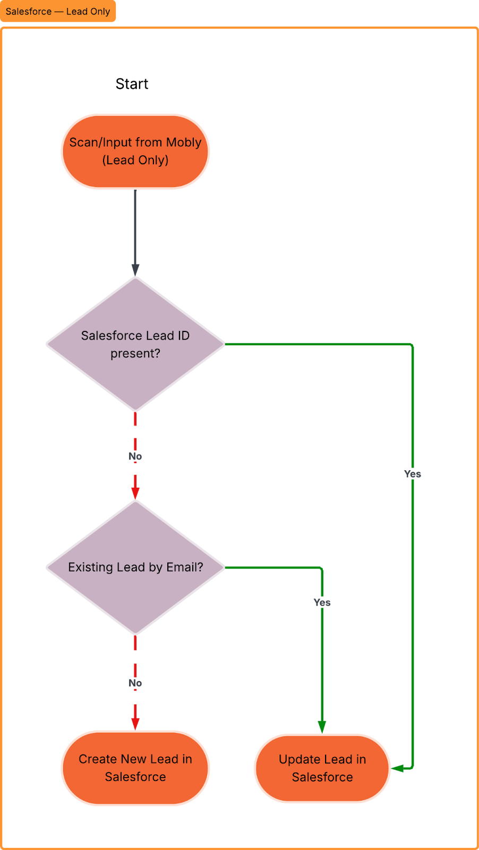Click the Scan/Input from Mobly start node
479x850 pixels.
(135, 151)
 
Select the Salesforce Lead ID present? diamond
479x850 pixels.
(135, 344)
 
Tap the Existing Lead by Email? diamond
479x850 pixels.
(135, 567)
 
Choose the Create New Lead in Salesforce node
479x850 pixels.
(135, 768)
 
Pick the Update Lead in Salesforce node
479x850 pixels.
(322, 768)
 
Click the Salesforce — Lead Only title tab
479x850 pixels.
(58, 11)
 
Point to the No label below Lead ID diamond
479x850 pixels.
(135, 456)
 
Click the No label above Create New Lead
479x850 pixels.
(135, 683)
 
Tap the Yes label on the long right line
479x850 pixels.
(413, 474)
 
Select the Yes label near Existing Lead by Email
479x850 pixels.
(322, 602)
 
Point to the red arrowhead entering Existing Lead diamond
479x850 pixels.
(135, 494)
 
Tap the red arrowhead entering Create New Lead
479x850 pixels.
(135, 724)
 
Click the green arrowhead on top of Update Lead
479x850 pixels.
(322, 727)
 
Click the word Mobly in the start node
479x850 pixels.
(184, 142)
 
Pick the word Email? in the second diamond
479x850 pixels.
(185, 567)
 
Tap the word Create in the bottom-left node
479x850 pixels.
(95, 759)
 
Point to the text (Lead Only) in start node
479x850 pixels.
(135, 160)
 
